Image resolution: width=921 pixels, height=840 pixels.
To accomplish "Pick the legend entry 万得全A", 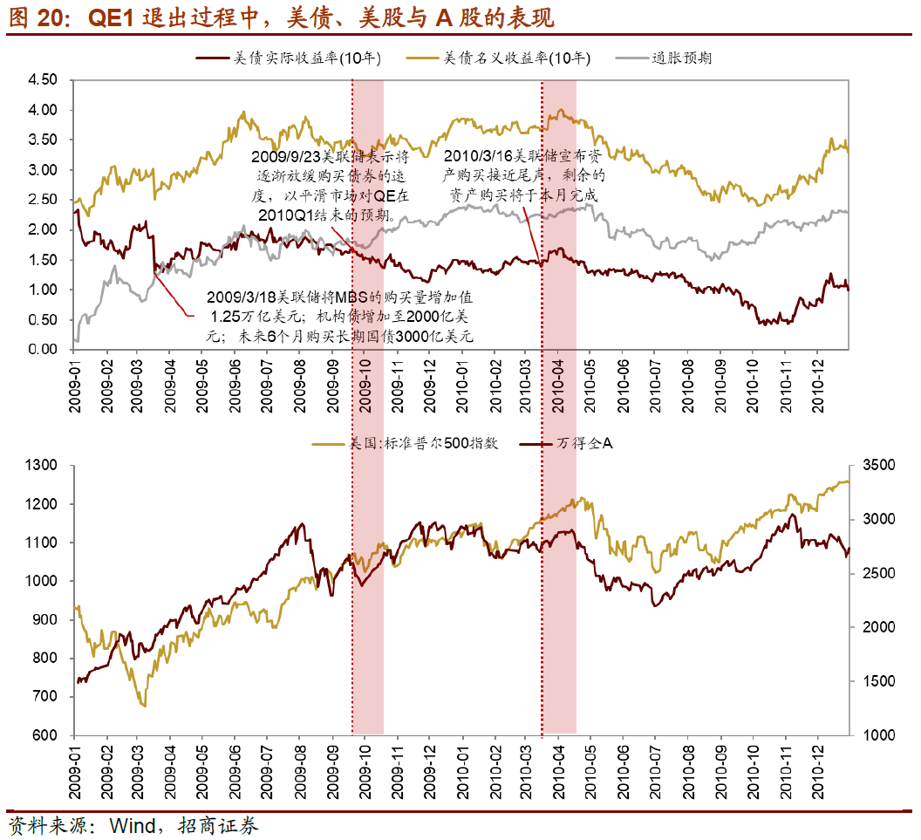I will [585, 444].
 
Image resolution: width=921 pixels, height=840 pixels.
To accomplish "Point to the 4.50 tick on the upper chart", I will [43, 80].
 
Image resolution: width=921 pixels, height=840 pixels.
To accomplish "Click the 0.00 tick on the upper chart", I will [43, 349].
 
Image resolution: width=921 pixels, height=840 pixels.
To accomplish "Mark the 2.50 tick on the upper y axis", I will [43, 200].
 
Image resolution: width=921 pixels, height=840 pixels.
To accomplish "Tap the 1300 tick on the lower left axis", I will [41, 466].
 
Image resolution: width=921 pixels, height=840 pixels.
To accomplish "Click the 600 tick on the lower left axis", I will [44, 735].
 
